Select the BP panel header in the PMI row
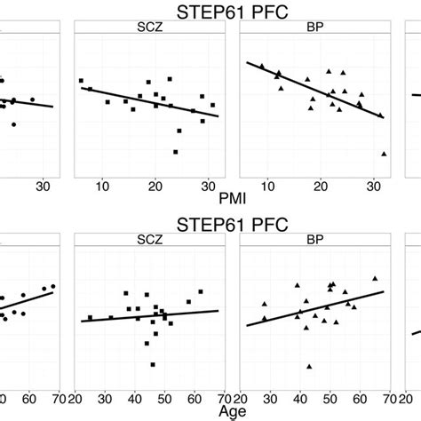point(314,28)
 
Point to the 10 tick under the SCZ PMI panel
point(103,185)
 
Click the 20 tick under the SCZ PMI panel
point(155,185)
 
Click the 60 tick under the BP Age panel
point(360,400)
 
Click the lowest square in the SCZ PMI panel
point(175,152)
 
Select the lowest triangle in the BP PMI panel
point(384,154)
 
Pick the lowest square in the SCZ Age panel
point(153,364)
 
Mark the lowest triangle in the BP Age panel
point(309,366)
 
